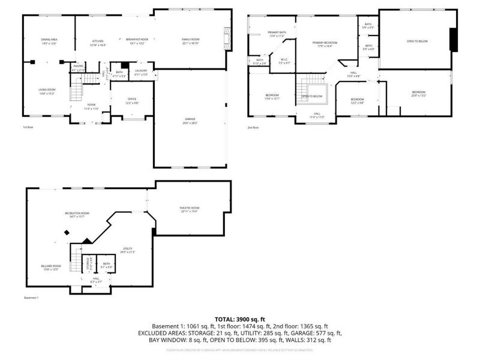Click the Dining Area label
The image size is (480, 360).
click(49, 40)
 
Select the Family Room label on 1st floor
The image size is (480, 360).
click(191, 40)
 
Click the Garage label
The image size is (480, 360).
click(190, 121)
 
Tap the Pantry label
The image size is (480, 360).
click(79, 68)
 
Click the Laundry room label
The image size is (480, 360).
click(141, 72)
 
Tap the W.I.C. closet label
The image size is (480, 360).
click(284, 61)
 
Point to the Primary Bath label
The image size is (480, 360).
click(277, 34)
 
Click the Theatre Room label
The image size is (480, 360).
click(189, 209)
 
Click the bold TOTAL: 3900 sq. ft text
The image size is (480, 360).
click(240, 319)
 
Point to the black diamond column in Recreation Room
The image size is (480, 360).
click(66, 233)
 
